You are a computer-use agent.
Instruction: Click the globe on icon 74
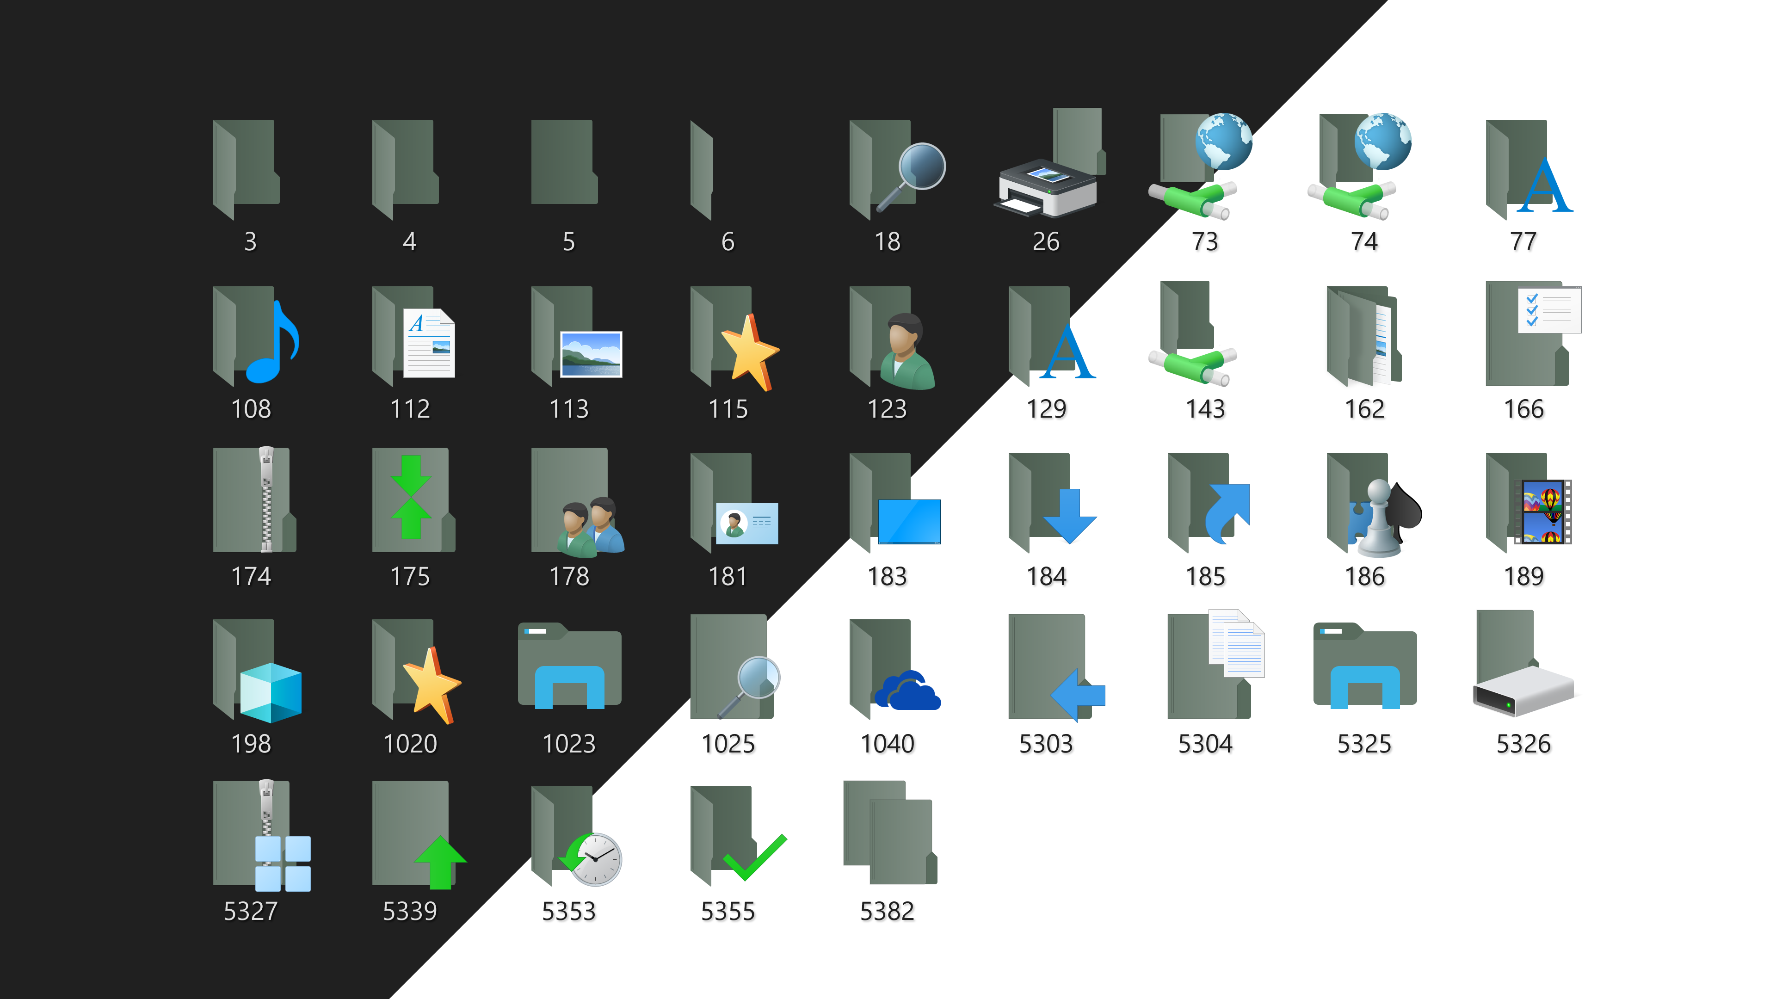1382,142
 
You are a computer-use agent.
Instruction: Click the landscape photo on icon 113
591,354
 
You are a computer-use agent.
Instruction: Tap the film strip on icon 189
1543,512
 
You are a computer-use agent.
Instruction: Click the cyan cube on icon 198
270,692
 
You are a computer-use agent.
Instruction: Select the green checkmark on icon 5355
755,857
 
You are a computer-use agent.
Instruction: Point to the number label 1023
569,744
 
